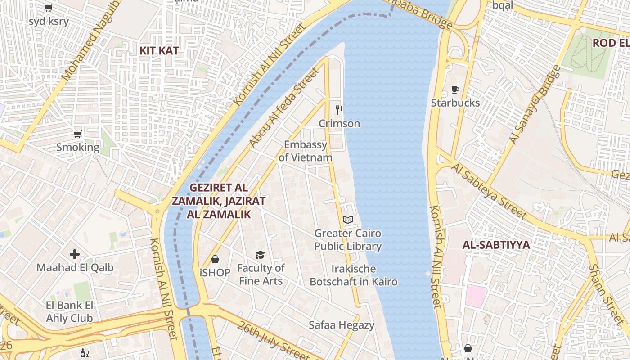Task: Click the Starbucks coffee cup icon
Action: (455, 90)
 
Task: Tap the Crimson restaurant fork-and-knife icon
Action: (339, 110)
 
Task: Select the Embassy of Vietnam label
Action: (306, 151)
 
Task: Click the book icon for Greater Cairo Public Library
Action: (348, 220)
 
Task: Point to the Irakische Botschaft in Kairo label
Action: (354, 275)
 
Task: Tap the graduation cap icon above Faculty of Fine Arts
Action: (261, 255)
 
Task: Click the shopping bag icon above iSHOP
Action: (215, 259)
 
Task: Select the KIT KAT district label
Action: (159, 50)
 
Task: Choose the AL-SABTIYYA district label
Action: (496, 245)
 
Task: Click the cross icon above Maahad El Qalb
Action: (75, 254)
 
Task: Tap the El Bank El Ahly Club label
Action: (69, 312)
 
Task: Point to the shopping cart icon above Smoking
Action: (78, 134)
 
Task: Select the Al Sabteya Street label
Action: (489, 192)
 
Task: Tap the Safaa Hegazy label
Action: (342, 325)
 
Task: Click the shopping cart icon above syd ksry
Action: (49, 8)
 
